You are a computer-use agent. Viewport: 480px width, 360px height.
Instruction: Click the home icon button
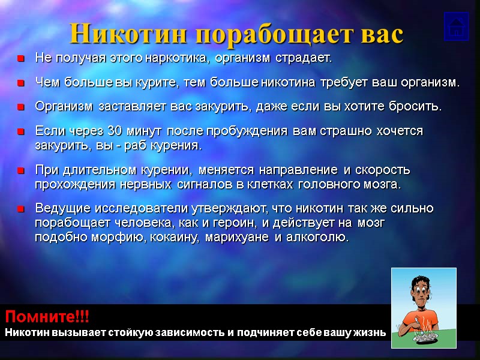point(456,27)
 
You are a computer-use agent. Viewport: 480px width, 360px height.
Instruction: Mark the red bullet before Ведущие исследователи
point(20,209)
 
